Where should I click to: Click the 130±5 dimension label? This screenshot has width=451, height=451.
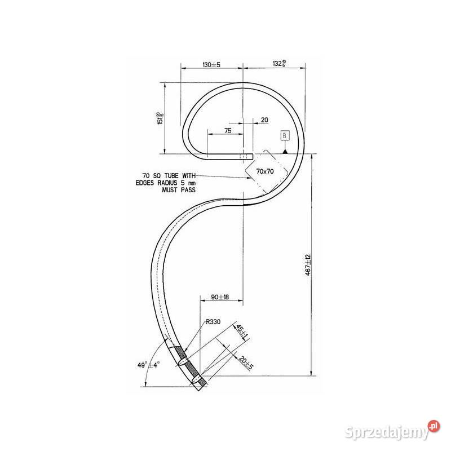point(211,65)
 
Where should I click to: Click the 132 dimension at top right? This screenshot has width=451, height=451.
point(279,64)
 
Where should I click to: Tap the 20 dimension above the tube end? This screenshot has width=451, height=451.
point(264,120)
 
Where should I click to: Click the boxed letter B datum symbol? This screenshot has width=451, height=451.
point(285,136)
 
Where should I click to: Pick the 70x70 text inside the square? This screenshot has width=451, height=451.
point(265,171)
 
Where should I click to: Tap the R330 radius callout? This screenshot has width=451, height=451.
point(212,322)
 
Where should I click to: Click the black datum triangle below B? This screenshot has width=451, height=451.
point(285,151)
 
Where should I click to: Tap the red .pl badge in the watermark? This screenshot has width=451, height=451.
point(433,426)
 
